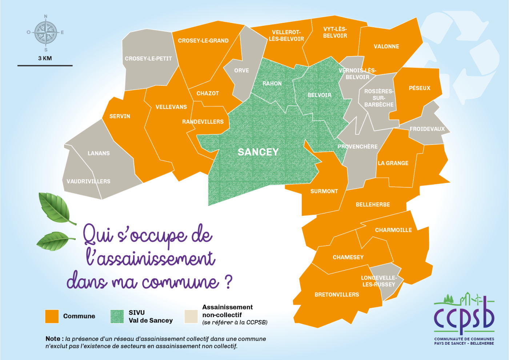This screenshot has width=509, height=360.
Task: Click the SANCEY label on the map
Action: (x=258, y=152)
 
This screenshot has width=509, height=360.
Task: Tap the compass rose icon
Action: (x=46, y=33)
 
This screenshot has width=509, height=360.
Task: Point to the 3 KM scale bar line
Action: (x=45, y=66)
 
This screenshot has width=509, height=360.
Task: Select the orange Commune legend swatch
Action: (x=52, y=316)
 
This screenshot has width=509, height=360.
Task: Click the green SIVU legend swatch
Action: (x=117, y=316)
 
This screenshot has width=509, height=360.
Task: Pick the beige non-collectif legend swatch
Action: (x=191, y=316)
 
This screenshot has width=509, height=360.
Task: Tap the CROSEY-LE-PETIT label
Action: (x=148, y=58)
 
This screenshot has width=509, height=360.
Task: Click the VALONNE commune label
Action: (x=386, y=46)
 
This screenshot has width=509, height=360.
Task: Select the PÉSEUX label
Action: (x=419, y=88)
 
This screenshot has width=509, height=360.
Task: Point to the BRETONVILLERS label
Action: (x=337, y=295)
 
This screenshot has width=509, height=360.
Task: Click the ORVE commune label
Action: (x=241, y=70)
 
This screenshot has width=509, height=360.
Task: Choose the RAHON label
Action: (x=272, y=84)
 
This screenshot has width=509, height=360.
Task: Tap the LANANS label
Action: (x=99, y=153)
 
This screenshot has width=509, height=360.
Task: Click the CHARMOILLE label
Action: (x=393, y=230)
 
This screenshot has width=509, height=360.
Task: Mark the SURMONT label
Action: (x=324, y=191)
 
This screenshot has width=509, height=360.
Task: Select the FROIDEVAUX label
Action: (x=427, y=129)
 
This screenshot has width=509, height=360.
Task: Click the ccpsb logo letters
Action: (x=464, y=316)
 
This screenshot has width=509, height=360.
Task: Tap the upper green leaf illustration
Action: (x=56, y=208)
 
